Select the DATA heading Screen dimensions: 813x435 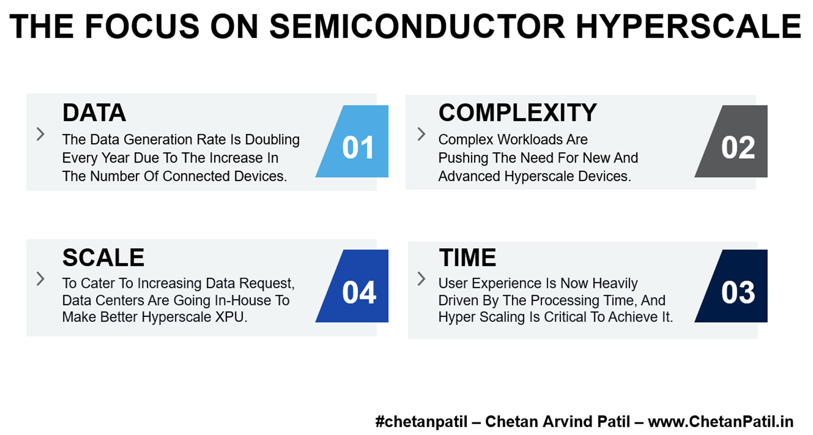tap(94, 113)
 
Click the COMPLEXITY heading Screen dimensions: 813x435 tap(517, 113)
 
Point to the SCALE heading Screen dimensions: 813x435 tap(103, 257)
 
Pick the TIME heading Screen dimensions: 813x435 tap(468, 257)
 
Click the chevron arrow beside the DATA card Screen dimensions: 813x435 tap(41, 134)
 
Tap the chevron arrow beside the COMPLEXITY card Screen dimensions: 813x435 tap(422, 134)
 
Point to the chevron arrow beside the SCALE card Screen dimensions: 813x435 tap(41, 279)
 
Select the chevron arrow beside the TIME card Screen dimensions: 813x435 tap(422, 279)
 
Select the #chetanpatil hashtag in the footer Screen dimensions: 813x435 tap(421, 422)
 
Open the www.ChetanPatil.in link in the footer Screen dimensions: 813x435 tap(721, 422)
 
